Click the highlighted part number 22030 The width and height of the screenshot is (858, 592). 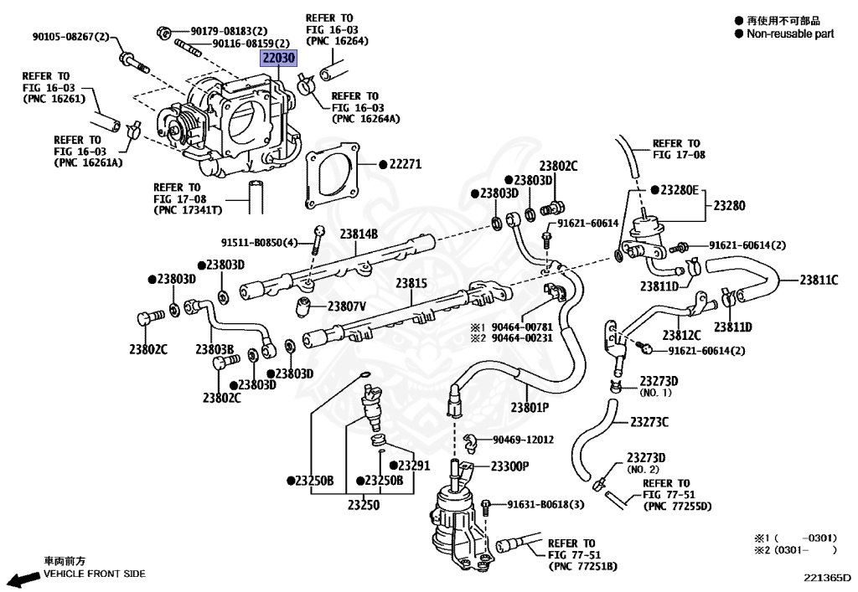coord(277,59)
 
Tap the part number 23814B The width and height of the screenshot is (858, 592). coord(359,234)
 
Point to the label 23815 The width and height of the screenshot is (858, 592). coord(412,284)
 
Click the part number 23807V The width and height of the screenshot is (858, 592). coord(346,306)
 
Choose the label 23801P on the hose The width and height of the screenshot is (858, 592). coord(529,408)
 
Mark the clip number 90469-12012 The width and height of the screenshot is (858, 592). coord(523,439)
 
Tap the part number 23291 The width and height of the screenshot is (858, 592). coord(413,466)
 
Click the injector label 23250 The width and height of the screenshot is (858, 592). coord(364,505)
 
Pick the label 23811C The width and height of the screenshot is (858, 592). coord(818,280)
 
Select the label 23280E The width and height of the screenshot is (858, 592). coord(679,190)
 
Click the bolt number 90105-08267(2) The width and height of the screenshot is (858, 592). coord(70,37)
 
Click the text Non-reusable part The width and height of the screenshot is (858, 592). coord(790,34)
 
